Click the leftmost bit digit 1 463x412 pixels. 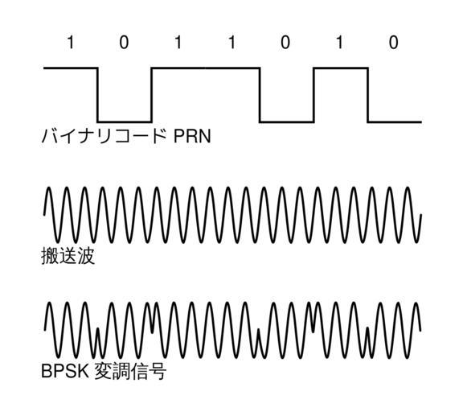point(70,43)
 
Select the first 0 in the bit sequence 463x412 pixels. point(124,43)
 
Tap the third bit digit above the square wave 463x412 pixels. point(178,43)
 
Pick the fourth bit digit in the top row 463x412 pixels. point(232,43)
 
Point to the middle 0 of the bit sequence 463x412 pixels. point(285,43)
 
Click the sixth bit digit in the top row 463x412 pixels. point(340,43)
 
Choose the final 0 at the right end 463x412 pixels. point(393,43)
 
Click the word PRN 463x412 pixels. point(192,136)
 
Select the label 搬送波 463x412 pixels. point(68,256)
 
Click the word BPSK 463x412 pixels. point(65,371)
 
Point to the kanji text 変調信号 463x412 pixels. point(130,371)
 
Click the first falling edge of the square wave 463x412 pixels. point(98,95)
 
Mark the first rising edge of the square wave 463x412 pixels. point(151,95)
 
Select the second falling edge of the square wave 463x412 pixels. point(260,95)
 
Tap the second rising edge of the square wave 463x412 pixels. point(313,95)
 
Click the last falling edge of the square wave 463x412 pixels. point(367,95)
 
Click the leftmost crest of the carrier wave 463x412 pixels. point(49,187)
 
